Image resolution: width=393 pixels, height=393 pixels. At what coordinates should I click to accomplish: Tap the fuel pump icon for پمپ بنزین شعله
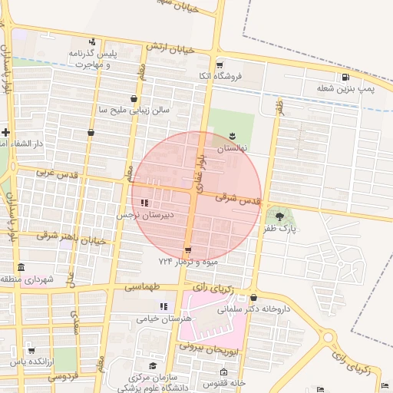coord(346,77)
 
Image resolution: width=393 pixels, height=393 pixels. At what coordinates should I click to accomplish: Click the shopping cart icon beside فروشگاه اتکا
coord(220,64)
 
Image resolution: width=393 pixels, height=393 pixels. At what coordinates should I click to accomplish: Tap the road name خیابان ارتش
coord(168,48)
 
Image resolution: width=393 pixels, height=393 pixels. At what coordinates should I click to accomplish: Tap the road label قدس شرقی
coord(238,199)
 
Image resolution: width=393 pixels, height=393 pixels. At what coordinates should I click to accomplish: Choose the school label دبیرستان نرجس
coord(145,215)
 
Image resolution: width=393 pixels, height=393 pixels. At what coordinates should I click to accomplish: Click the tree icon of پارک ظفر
coord(279,216)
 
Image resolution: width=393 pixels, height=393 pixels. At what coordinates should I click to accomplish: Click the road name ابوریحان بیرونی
coord(210,347)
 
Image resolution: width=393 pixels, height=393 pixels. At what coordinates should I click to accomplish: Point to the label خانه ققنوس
coord(224,382)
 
